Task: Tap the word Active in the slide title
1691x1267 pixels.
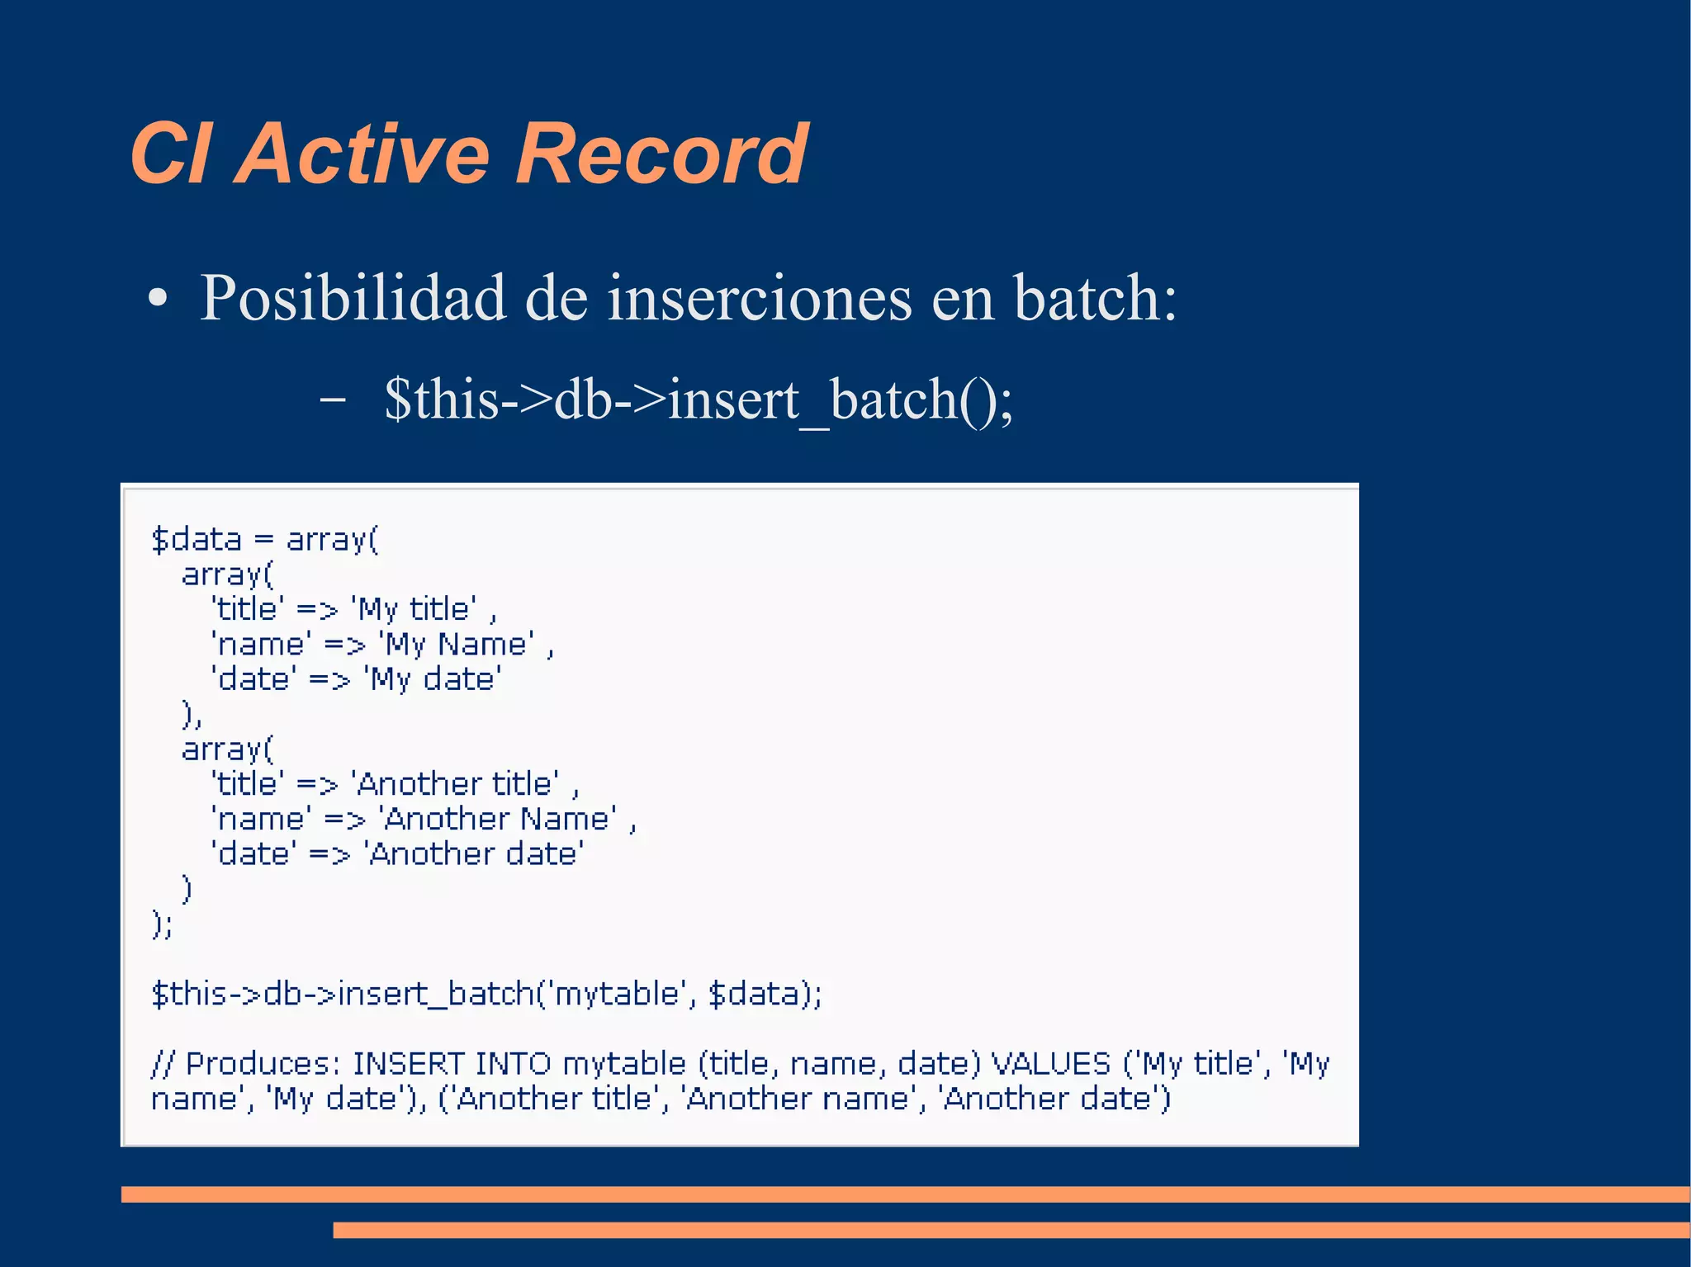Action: (x=363, y=154)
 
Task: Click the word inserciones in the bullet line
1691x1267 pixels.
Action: (x=760, y=299)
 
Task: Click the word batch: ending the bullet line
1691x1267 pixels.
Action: (x=1095, y=299)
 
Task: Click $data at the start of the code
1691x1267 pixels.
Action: (x=197, y=540)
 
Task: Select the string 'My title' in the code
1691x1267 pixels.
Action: (x=414, y=610)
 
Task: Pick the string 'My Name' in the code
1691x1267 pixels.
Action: (x=456, y=645)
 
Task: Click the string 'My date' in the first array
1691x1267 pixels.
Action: (x=433, y=679)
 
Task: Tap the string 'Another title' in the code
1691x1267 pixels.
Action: (x=455, y=784)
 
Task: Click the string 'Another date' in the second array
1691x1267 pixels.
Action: (x=474, y=854)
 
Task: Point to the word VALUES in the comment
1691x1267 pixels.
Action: (x=1050, y=1064)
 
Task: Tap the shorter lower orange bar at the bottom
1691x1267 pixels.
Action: (x=1011, y=1231)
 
